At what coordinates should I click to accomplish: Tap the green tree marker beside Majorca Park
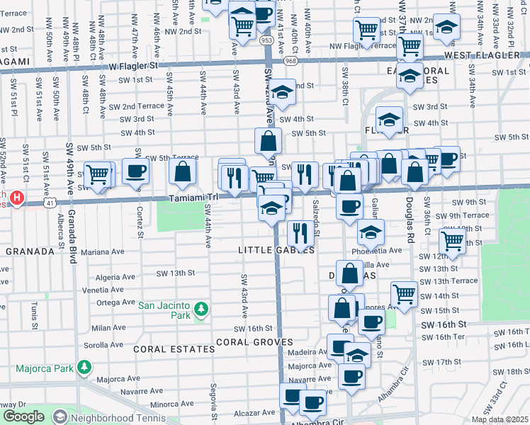(x=84, y=367)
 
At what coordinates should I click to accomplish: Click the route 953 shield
(x=266, y=40)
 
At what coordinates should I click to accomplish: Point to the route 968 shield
(x=291, y=61)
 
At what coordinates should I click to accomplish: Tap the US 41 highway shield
(x=48, y=203)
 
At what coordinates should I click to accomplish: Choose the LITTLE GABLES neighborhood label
(x=276, y=250)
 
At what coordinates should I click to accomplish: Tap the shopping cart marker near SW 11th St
(x=451, y=240)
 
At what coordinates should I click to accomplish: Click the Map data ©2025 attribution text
(x=499, y=419)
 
